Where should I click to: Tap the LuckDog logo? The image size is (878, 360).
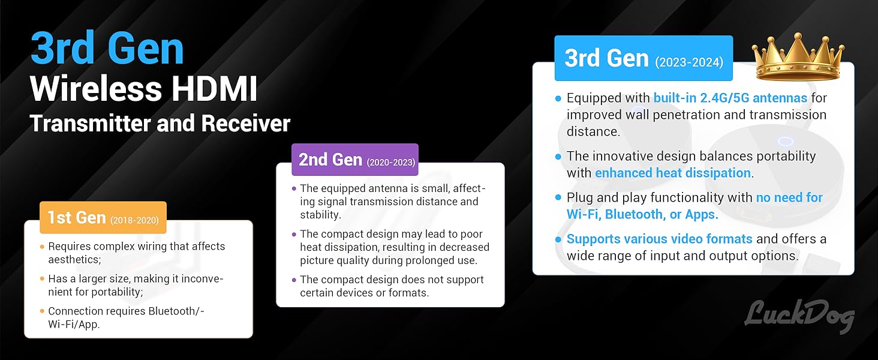point(799,316)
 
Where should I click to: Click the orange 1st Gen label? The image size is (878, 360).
point(103,217)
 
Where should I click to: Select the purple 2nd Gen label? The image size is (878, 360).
point(355,160)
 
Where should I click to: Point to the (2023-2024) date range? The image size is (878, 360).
point(689,62)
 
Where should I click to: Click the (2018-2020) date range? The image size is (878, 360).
point(134,220)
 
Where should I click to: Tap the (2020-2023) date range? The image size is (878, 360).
point(391,163)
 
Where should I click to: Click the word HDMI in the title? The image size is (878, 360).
point(215,89)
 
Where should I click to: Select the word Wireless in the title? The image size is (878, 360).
point(95,89)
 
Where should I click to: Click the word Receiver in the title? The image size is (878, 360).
point(246,124)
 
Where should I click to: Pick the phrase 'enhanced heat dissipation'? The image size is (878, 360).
point(673,173)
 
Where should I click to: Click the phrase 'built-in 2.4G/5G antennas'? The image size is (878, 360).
point(730,98)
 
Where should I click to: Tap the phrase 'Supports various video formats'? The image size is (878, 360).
point(659,239)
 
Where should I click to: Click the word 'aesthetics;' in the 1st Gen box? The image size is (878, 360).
point(74,260)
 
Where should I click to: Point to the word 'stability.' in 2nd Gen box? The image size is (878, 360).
point(321,215)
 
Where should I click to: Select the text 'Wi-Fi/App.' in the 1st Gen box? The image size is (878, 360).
point(74,325)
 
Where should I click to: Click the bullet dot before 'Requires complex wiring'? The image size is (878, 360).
point(42,247)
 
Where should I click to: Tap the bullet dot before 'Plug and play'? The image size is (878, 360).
point(558,197)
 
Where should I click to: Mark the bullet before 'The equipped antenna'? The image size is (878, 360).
point(294,188)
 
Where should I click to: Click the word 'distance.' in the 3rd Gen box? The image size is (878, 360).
point(593,131)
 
